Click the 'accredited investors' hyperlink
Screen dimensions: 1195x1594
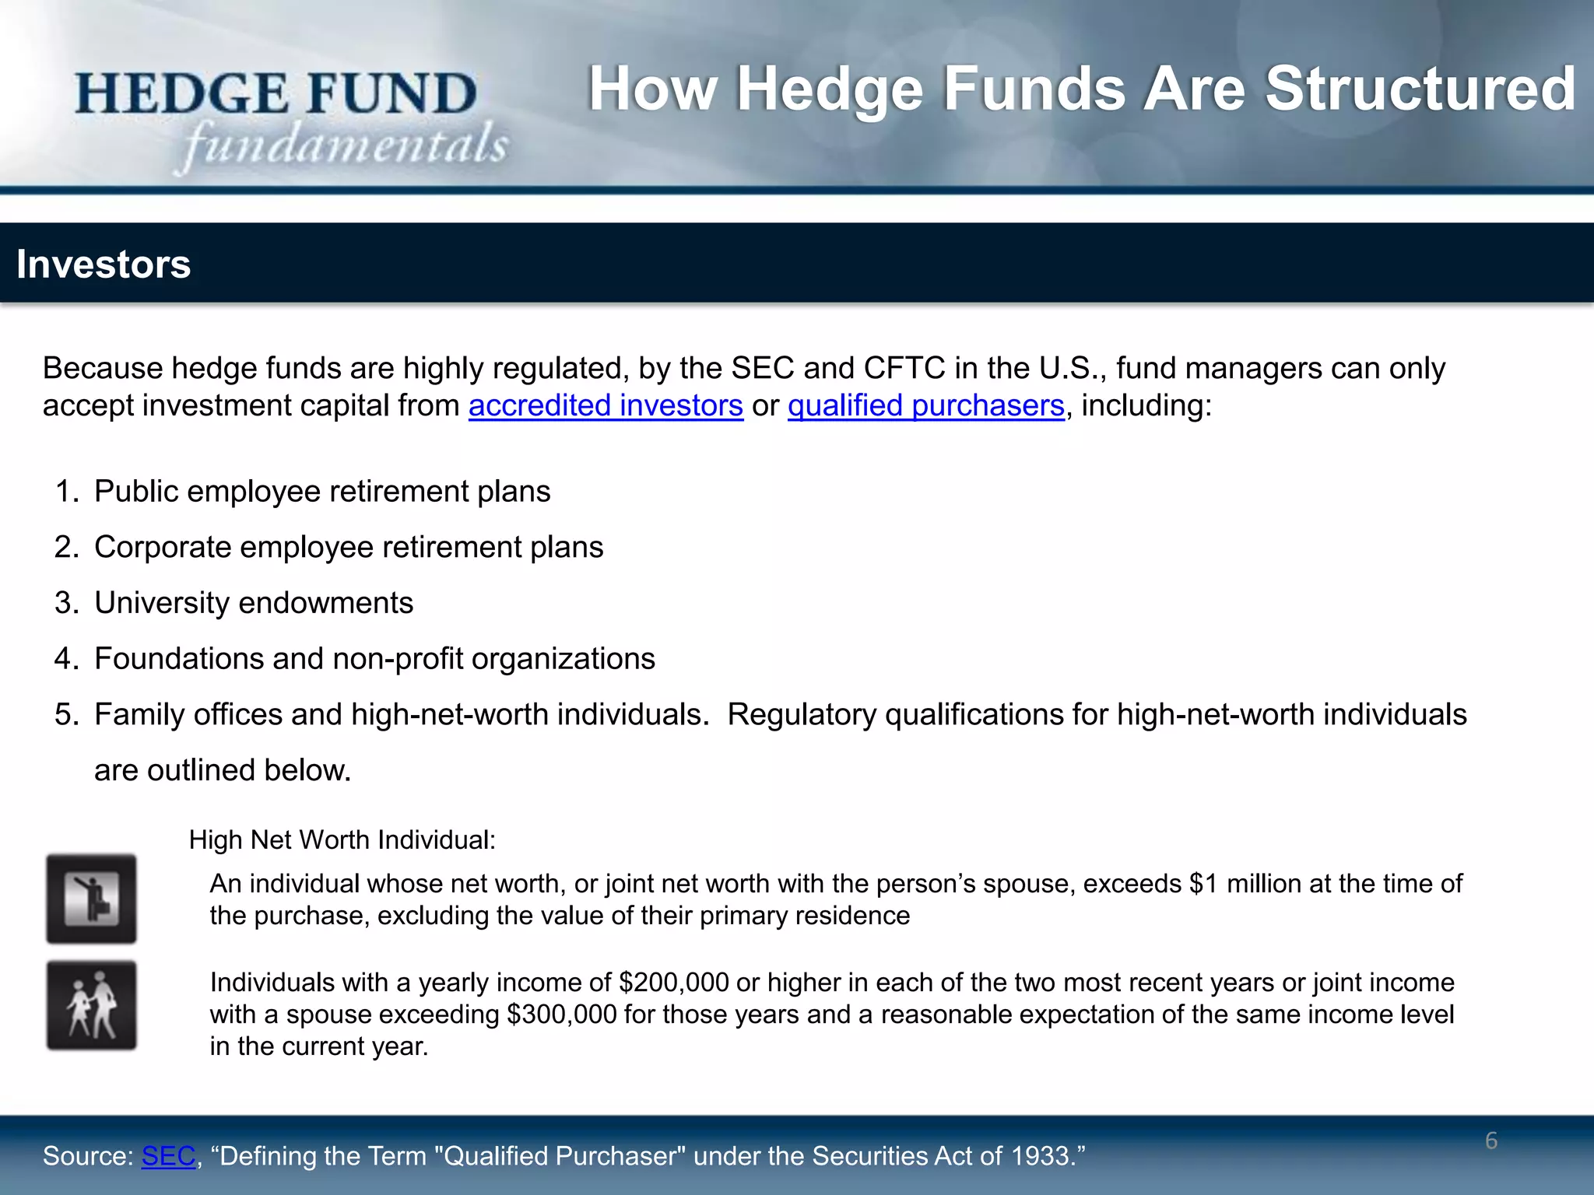pos(606,406)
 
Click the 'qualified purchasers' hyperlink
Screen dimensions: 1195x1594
pos(925,406)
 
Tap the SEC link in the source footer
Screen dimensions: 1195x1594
pos(168,1156)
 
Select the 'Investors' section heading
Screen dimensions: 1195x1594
pos(104,264)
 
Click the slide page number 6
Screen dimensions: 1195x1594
pos(1490,1141)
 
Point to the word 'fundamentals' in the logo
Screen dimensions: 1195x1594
pos(346,146)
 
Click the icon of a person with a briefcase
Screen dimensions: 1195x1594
pos(91,899)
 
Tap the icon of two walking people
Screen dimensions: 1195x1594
pos(91,1005)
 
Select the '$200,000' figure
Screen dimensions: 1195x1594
pos(674,983)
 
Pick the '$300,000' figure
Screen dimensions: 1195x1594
pos(561,1015)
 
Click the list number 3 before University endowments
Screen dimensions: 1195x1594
pos(66,603)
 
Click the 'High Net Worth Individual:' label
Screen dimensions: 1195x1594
pos(342,840)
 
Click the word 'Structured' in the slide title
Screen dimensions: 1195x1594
pos(1420,89)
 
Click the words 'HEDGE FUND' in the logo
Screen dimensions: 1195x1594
pos(276,93)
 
